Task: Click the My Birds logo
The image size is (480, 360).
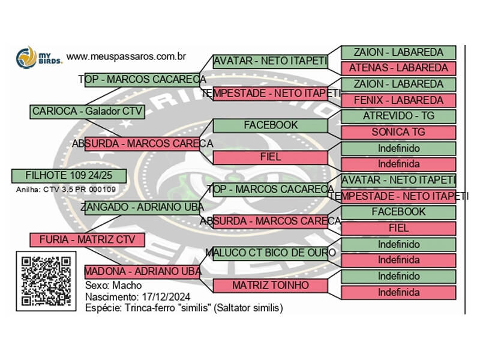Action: [x=38, y=58]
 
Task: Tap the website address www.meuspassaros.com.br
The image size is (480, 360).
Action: [x=125, y=56]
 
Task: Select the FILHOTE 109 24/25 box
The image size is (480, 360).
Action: [x=69, y=175]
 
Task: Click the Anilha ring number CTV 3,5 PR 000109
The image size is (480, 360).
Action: [x=67, y=190]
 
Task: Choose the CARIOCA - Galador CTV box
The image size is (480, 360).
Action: [x=87, y=111]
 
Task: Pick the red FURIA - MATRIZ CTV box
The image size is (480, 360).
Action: [x=87, y=240]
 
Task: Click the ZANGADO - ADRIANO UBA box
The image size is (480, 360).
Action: [x=142, y=207]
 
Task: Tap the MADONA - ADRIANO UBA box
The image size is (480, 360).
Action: [x=143, y=271]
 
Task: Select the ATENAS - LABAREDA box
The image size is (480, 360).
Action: [x=398, y=68]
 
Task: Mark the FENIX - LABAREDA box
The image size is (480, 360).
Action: [x=398, y=100]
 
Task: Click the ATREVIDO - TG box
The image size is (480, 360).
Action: [x=398, y=116]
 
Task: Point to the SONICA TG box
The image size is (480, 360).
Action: [x=398, y=132]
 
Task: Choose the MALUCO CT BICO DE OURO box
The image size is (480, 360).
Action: [x=271, y=253]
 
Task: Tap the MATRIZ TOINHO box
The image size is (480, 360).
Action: [x=271, y=285]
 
